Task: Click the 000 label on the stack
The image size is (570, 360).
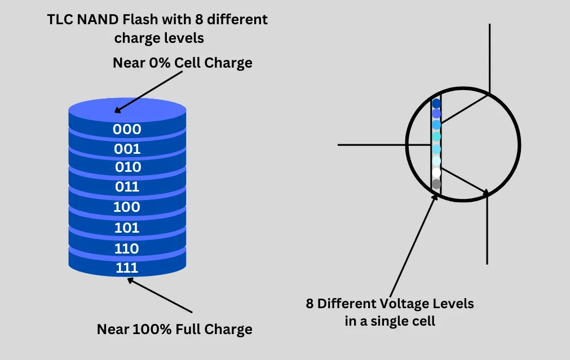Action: [x=127, y=129]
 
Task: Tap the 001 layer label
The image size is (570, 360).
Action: [x=127, y=149]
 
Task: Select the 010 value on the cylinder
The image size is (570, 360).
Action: [x=128, y=167]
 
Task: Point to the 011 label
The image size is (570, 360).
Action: [x=127, y=186]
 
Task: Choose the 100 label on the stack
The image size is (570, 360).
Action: [x=127, y=207]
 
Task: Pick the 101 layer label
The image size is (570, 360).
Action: [x=127, y=228]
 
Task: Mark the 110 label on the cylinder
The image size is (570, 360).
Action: [x=127, y=248]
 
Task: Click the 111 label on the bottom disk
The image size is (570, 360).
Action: [x=127, y=268]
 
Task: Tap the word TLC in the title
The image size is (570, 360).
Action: [x=60, y=20]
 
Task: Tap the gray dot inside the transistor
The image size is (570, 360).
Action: [x=436, y=184]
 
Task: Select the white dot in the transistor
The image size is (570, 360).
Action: [x=436, y=172]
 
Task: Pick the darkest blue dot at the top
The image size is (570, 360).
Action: [x=436, y=104]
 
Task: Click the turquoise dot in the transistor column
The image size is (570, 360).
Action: [x=436, y=137]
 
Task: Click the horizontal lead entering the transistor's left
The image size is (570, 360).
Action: [x=383, y=145]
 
